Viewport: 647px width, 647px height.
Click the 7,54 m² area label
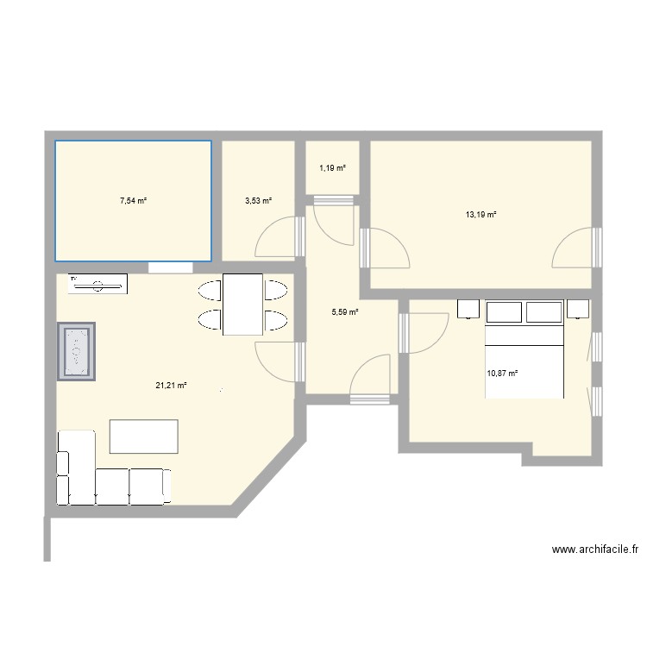tap(133, 200)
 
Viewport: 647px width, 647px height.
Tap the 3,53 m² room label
tap(258, 200)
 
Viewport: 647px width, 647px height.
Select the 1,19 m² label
tap(332, 167)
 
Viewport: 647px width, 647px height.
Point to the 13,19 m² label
tap(481, 214)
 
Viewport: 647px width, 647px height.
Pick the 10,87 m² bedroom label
tap(502, 374)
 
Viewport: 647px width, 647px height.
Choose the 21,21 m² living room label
tap(171, 386)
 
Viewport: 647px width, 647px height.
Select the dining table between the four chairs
tap(242, 304)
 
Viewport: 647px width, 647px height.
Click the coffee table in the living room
tap(144, 436)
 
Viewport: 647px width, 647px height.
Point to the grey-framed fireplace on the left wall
tap(76, 351)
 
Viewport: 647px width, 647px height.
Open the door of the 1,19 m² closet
tap(334, 220)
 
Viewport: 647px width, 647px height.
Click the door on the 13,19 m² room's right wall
tap(574, 248)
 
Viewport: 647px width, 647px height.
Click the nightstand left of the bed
tap(468, 309)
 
